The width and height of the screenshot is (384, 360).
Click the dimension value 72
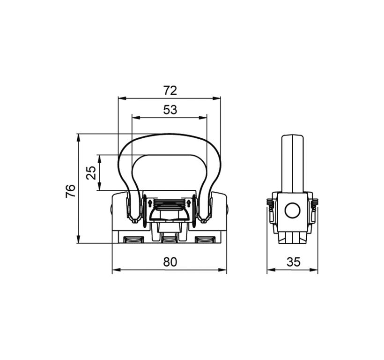[x=170, y=90]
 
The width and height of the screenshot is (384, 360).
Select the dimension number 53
[x=170, y=110]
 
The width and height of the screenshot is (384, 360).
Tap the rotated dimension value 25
[x=91, y=173]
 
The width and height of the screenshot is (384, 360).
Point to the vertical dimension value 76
[x=70, y=191]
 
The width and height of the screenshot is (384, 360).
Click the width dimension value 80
[x=170, y=262]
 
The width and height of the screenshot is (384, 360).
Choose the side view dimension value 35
[x=294, y=262]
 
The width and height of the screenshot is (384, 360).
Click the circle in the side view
[x=292, y=210]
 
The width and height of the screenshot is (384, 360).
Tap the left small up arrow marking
[x=150, y=203]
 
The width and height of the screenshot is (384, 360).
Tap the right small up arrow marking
[x=189, y=203]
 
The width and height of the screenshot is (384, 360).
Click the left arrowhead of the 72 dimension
[x=122, y=98]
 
